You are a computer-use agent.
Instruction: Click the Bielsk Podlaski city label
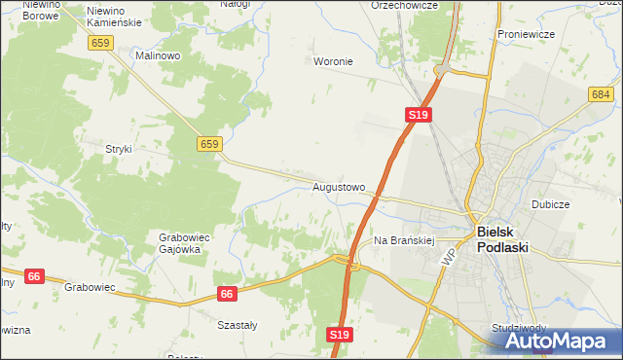coord(502,239)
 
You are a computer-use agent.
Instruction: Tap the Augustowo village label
coord(339,186)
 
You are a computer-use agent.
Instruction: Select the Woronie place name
coord(333,61)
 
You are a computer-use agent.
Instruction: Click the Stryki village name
coord(118,149)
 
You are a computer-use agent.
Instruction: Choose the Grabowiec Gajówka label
coord(179,242)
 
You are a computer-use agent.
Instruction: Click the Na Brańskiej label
coord(403,239)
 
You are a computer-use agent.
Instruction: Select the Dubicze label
coord(550,205)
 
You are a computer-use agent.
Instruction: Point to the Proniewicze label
coord(526,34)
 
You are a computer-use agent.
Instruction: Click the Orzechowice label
coord(405,5)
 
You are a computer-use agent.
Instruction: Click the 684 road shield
coord(601,93)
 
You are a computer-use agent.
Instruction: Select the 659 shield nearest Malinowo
coord(99,43)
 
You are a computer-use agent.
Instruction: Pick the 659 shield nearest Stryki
coord(209,144)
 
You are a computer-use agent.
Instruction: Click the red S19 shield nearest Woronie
coord(418,115)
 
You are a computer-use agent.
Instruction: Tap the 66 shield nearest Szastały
coord(227,293)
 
